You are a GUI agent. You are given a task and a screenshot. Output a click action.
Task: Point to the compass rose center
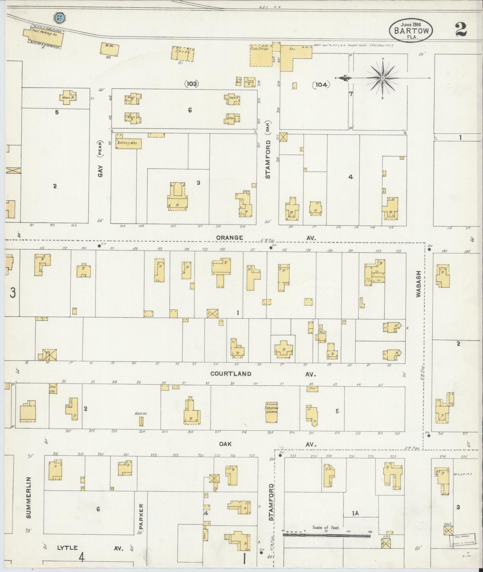(x=382, y=78)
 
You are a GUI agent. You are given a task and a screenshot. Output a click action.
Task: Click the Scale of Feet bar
(x=327, y=536)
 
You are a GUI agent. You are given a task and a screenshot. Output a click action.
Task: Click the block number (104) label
(x=321, y=85)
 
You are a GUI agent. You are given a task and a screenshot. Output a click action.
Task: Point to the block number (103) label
(x=191, y=84)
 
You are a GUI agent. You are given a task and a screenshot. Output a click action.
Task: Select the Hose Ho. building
(x=141, y=421)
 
